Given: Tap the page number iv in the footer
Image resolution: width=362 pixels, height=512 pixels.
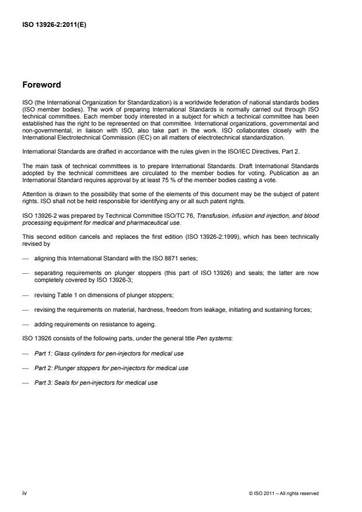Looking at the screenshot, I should tap(25, 493).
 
